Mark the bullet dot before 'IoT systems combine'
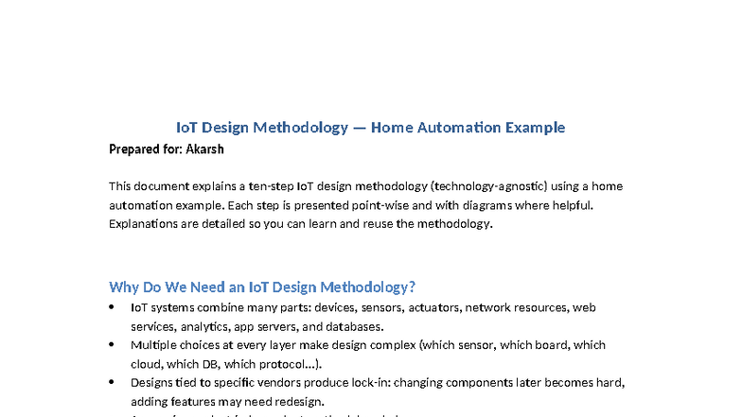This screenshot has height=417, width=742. pyautogui.click(x=112, y=308)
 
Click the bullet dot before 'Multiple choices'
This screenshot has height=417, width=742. pyautogui.click(x=112, y=345)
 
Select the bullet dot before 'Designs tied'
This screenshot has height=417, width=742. pyautogui.click(x=112, y=382)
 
